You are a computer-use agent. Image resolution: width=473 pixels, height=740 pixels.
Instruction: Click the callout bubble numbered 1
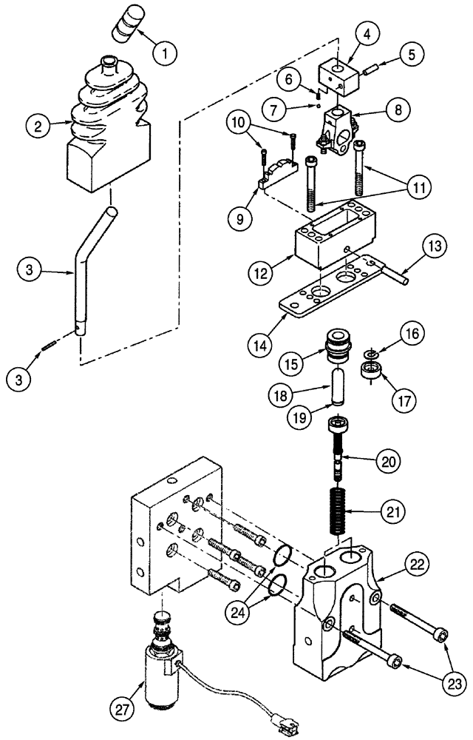(166, 53)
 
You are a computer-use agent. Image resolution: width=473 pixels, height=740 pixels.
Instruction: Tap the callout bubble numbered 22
(417, 566)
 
